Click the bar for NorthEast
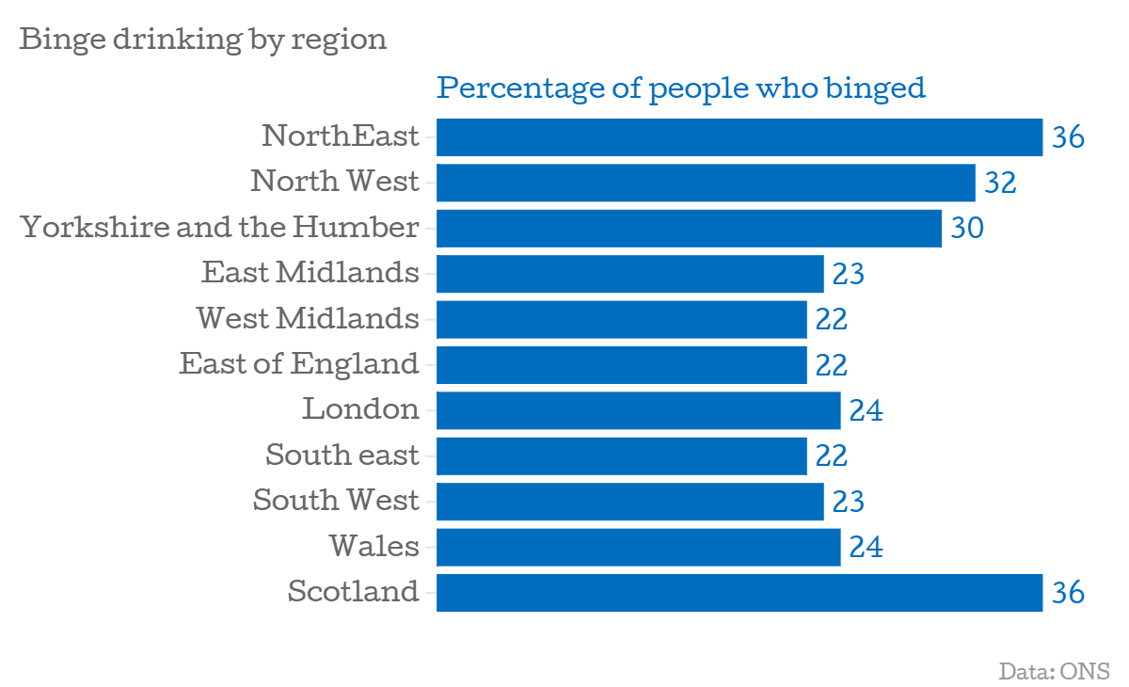point(739,137)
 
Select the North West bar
point(706,183)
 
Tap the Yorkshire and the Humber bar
point(689,229)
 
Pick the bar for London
point(638,410)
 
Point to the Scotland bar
point(739,593)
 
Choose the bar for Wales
point(638,547)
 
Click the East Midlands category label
point(310,273)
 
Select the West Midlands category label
point(308,319)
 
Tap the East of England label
point(299,363)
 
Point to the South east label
point(342,455)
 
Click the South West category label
point(336,501)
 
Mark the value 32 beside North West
point(1000,183)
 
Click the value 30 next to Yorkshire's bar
point(967,229)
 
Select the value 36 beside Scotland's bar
point(1068,593)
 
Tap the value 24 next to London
point(866,410)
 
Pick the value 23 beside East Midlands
point(849,274)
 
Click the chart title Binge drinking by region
point(202,40)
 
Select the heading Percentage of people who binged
point(681,88)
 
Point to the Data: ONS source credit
point(1054,671)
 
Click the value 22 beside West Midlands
point(832,319)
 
